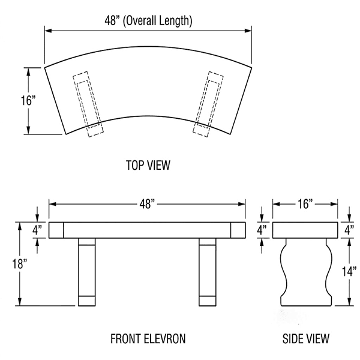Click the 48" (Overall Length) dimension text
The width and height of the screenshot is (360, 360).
(148, 20)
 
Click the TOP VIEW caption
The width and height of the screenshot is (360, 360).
(148, 164)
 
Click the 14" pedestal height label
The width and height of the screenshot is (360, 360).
(349, 271)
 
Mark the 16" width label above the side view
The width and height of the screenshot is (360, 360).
(304, 205)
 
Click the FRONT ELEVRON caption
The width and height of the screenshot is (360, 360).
(148, 338)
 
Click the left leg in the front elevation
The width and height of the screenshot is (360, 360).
(87, 270)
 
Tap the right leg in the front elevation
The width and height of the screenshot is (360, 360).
(208, 270)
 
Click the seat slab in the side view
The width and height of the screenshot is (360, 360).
(305, 230)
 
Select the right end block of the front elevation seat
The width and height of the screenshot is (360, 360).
(237, 230)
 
